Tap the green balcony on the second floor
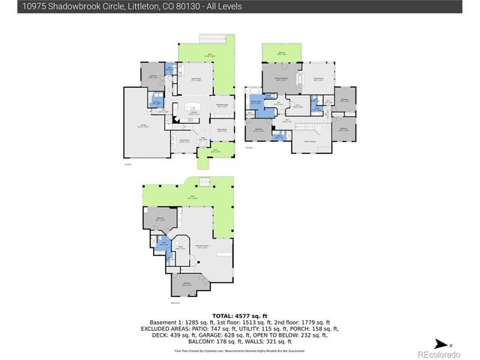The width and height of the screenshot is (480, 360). pyautogui.click(x=281, y=53)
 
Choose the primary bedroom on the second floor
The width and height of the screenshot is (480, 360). pyautogui.click(x=279, y=77)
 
